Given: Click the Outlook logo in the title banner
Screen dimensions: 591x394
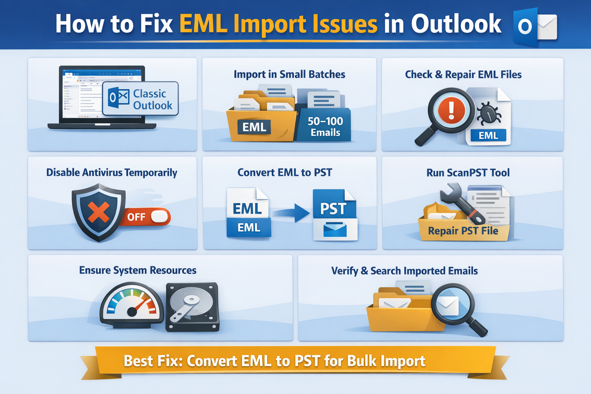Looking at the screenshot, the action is coord(535,27).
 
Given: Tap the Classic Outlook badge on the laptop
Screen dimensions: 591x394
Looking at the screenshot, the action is coord(140,99).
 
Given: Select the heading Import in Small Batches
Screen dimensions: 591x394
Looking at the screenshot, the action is coord(289,74).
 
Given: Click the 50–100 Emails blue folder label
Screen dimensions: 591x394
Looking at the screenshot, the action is coord(325,127).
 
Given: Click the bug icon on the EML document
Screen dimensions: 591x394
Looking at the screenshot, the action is coord(489,114).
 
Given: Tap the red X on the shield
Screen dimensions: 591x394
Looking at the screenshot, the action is coord(98,212).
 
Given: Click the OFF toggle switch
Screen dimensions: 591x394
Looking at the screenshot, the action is coord(146,217).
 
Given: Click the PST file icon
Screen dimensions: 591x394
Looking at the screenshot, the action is coord(335,215).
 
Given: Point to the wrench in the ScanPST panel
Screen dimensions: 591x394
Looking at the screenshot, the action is coord(461,204).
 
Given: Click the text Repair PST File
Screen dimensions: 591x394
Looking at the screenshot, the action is coord(463,231).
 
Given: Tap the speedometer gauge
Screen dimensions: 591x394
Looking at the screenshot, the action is coord(131,306).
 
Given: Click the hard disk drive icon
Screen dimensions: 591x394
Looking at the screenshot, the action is coord(192,307).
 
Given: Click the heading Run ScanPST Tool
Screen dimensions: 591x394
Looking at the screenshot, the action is coord(468,173).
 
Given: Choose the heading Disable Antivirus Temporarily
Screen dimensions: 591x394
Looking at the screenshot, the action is coord(112,173).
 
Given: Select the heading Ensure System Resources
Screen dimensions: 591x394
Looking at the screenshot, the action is coord(138,270).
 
